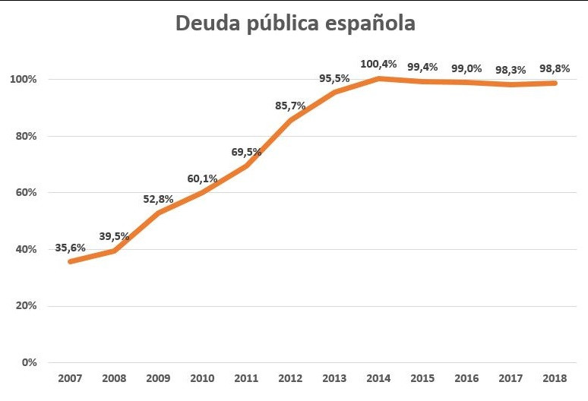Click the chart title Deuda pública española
coord(296,24)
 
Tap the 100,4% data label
coord(379,62)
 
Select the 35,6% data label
coord(71,248)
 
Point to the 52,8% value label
coord(159,199)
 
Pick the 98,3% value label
coord(511,70)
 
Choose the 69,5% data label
coord(246,152)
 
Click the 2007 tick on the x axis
coord(70,378)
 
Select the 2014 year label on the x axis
coord(379,378)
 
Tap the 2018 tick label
coord(556,378)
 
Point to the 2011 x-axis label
coord(246,378)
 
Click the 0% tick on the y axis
coord(30,362)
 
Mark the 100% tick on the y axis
coord(24,80)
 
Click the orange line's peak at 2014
coord(379,78)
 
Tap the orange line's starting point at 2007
coord(71,261)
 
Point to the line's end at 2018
coord(555,83)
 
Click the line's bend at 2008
coord(114,251)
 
